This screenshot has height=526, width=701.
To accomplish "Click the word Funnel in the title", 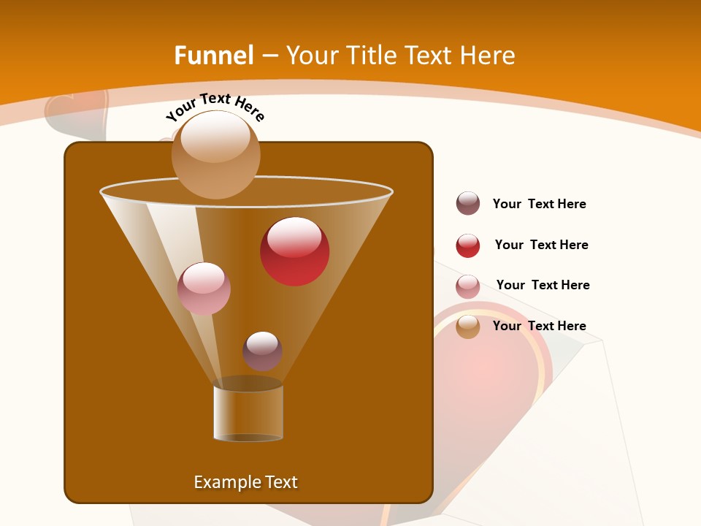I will pyautogui.click(x=213, y=56).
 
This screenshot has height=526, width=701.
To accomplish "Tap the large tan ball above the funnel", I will pyautogui.click(x=216, y=154).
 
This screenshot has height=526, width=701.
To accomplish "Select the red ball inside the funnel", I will pyautogui.click(x=294, y=251).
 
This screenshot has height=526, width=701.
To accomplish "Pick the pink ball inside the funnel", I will pyautogui.click(x=204, y=289).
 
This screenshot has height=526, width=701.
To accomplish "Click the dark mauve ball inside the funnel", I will pyautogui.click(x=262, y=351).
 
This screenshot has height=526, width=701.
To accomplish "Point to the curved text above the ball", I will pyautogui.click(x=215, y=107).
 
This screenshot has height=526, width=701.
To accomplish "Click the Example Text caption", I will pyautogui.click(x=245, y=482).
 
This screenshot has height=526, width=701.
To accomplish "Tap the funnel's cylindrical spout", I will pyautogui.click(x=248, y=413).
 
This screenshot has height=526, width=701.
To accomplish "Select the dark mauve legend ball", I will pyautogui.click(x=468, y=204).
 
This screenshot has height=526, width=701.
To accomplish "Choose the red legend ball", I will pyautogui.click(x=468, y=245).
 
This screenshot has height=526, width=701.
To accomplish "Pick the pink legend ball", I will pyautogui.click(x=468, y=286).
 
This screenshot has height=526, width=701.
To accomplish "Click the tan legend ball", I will pyautogui.click(x=468, y=327).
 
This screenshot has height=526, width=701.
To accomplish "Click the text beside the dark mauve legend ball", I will pyautogui.click(x=539, y=205).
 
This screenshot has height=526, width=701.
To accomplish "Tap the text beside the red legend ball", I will pyautogui.click(x=541, y=245).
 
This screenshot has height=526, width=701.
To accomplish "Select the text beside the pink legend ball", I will pyautogui.click(x=543, y=286).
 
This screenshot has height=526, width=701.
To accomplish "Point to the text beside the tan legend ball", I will pyautogui.click(x=539, y=327).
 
